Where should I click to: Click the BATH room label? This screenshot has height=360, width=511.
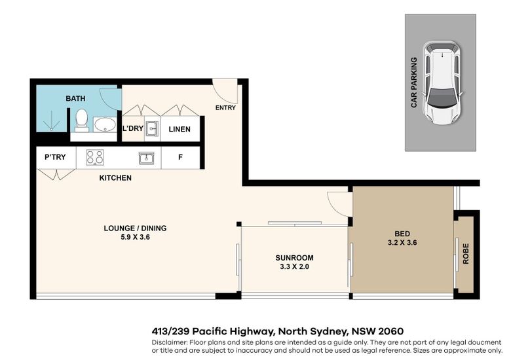tap(75, 98)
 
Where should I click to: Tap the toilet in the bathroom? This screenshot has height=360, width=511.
tap(81, 120)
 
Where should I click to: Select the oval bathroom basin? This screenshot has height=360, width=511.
tap(105, 124)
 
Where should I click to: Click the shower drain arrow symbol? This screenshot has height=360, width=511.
tap(52, 120)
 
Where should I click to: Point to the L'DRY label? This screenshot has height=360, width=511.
tap(133, 128)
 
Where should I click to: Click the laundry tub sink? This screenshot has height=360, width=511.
tap(152, 128)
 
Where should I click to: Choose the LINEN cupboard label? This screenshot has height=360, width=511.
tap(180, 129)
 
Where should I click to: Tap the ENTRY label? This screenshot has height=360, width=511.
tap(225, 107)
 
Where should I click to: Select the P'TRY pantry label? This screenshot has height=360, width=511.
tap(55, 157)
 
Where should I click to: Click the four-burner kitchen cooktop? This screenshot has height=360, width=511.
tap(95, 157)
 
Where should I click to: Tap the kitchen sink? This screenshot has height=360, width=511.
tap(146, 158)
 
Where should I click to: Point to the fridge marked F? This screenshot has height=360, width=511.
tap(180, 157)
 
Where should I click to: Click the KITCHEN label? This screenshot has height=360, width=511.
tap(115, 178)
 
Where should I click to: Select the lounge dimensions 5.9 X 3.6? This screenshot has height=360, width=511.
tap(135, 237)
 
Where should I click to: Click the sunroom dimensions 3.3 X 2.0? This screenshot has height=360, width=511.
tap(294, 266)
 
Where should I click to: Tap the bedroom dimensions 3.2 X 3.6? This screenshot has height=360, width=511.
tap(402, 242)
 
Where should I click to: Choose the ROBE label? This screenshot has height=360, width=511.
tap(466, 253)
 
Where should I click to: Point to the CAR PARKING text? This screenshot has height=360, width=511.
tap(414, 82)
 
